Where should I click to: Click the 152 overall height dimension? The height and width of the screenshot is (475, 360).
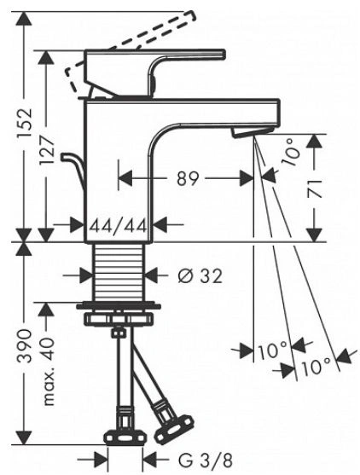(x=24, y=123)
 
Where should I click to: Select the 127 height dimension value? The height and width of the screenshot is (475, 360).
(x=46, y=150)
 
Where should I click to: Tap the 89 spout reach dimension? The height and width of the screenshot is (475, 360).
(x=188, y=178)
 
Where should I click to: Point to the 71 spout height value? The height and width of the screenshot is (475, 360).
(x=314, y=188)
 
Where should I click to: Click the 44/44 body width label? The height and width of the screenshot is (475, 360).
(x=119, y=226)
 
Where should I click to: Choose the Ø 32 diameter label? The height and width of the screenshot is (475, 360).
(x=200, y=276)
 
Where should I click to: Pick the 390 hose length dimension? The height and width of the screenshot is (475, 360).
(x=24, y=346)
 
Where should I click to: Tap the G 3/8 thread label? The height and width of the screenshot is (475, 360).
(x=206, y=461)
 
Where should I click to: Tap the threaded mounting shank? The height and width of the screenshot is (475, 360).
(x=118, y=273)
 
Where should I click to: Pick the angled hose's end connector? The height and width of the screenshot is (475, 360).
(x=173, y=426)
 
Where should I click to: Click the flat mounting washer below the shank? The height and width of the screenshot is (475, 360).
(x=119, y=305)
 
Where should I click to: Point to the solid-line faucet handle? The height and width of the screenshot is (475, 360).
(x=156, y=72)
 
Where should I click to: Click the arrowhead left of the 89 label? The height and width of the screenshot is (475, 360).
(x=125, y=177)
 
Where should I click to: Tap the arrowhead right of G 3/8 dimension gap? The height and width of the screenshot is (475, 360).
(x=149, y=461)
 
